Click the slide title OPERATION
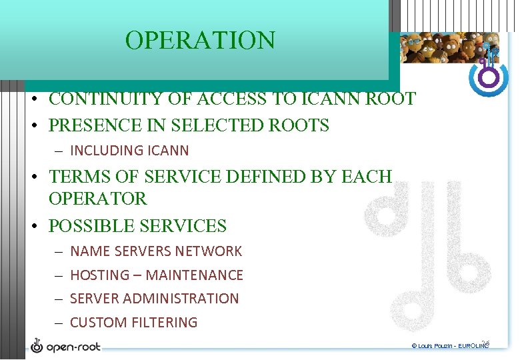200,41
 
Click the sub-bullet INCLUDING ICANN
129,151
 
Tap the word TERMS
75,177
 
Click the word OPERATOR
97,199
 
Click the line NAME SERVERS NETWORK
156,251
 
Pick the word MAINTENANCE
195,275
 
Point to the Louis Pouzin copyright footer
450,347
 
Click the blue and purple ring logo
489,77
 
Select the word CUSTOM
95,322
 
